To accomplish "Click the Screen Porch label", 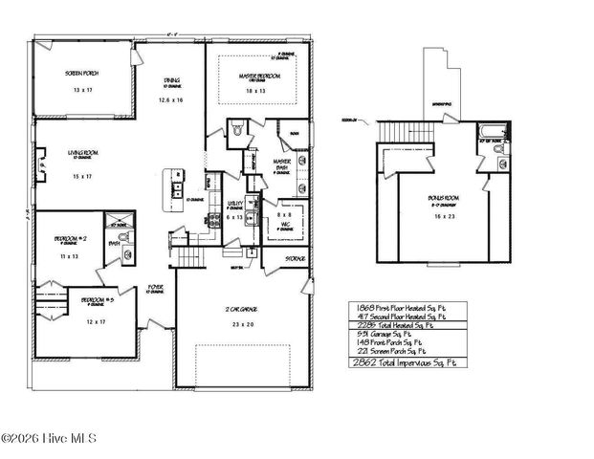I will (81, 74).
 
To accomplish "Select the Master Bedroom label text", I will (254, 76).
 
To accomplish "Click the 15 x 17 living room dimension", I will (81, 176).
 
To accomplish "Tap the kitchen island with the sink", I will (175, 186).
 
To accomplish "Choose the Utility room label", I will (234, 204).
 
